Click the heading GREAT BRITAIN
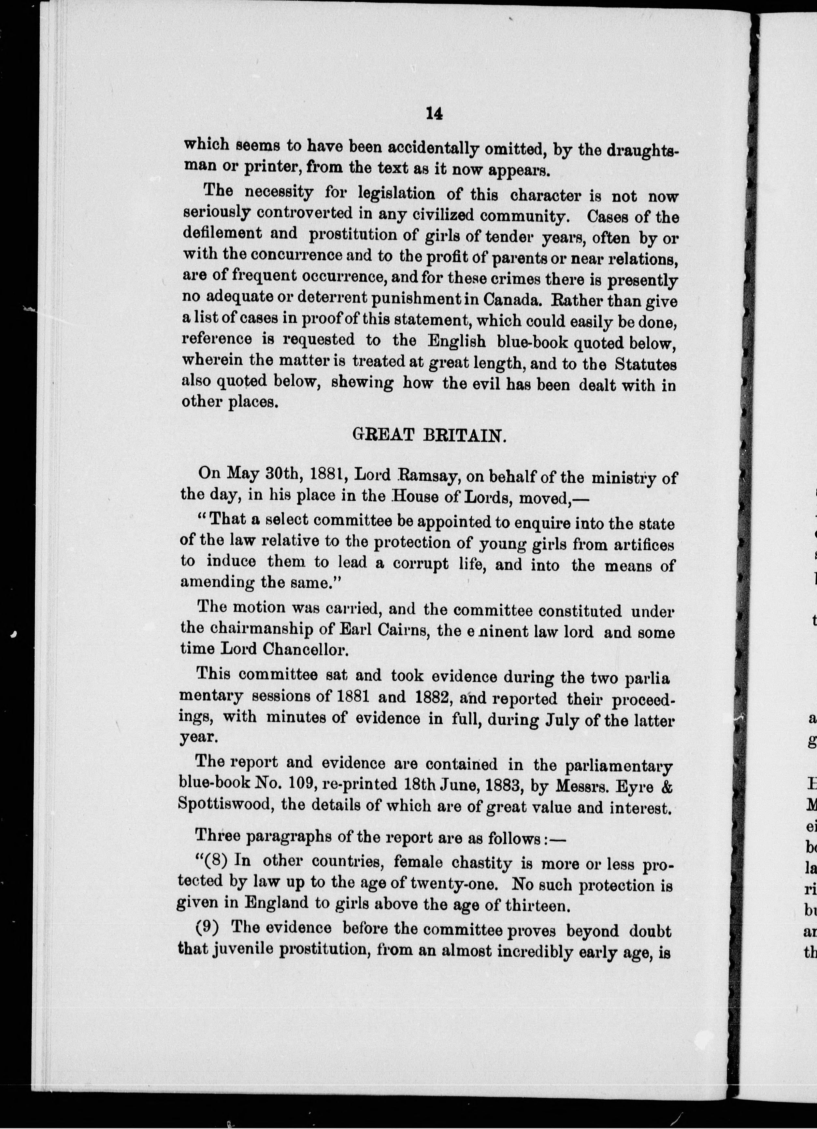[429, 435]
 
